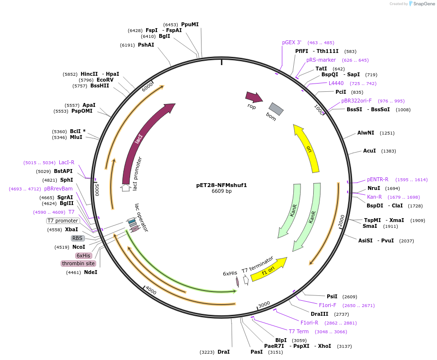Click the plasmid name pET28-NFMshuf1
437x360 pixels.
click(221, 185)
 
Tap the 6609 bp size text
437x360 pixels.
click(221, 191)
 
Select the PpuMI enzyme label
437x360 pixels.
click(190, 24)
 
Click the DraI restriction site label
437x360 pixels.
click(223, 352)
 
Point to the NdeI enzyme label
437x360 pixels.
click(90, 272)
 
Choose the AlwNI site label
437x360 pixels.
click(366, 133)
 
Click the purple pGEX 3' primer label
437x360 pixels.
click(292, 42)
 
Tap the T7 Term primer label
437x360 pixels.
click(299, 331)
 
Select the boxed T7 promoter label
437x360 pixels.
click(63, 221)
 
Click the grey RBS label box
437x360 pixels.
click(78, 238)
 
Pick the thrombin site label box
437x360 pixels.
click(78, 263)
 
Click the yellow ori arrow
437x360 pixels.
click(307, 147)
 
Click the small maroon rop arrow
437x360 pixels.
click(253, 97)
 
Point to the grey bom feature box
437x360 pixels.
click(276, 109)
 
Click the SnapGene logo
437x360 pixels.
click(421, 4)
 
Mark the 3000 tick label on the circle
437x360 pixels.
click(264, 304)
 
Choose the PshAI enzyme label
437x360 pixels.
click(146, 45)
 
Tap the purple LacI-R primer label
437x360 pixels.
click(67, 162)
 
